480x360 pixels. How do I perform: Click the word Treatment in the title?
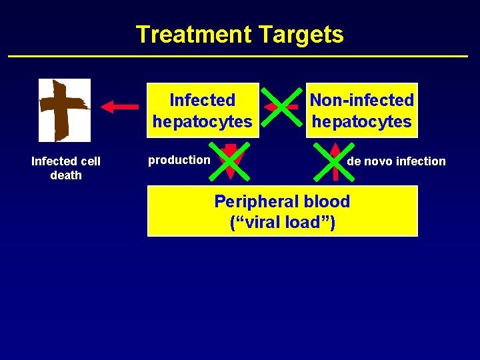(x=190, y=35)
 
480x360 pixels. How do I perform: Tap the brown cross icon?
(x=64, y=110)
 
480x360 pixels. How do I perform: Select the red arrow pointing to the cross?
(x=119, y=106)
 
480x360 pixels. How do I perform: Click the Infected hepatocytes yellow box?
(x=202, y=110)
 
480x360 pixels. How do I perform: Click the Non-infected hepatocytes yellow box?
(x=361, y=110)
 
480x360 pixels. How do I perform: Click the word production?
(x=179, y=160)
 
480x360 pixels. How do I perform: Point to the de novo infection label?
(x=396, y=161)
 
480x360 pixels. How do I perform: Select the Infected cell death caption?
(x=66, y=168)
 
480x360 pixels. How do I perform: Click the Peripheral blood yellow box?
(x=282, y=211)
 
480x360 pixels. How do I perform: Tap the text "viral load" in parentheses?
(x=283, y=223)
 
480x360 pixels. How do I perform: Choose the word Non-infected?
(x=362, y=100)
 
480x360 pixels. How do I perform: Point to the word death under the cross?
(x=66, y=175)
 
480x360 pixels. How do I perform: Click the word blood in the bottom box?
(x=327, y=201)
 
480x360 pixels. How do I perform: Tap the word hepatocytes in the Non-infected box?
(x=362, y=122)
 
